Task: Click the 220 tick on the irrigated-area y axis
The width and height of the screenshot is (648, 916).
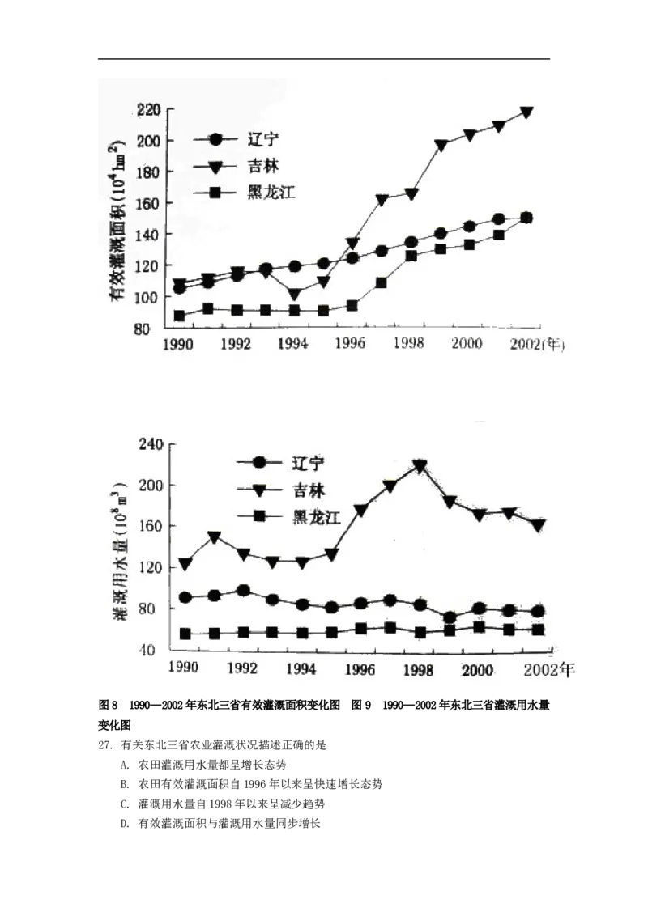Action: tap(148, 110)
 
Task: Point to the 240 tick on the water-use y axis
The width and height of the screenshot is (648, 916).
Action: tap(151, 444)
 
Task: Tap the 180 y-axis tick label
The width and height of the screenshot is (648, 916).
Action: tap(148, 172)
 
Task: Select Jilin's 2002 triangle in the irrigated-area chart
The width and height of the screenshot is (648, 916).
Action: tap(526, 112)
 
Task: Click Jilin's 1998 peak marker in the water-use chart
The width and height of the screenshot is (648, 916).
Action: tap(420, 466)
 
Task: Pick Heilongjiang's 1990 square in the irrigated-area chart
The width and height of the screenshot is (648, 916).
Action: tap(180, 316)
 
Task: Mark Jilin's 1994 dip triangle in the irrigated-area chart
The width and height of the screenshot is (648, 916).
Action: tap(295, 295)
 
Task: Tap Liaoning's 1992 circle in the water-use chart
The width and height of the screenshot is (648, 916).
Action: tap(243, 591)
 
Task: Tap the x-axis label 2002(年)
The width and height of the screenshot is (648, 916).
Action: tap(537, 345)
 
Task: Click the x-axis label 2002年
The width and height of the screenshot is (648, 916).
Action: tap(549, 669)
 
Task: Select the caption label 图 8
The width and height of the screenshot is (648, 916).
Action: tap(109, 705)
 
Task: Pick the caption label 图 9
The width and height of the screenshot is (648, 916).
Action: tap(360, 705)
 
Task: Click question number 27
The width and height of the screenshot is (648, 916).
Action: tap(105, 744)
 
